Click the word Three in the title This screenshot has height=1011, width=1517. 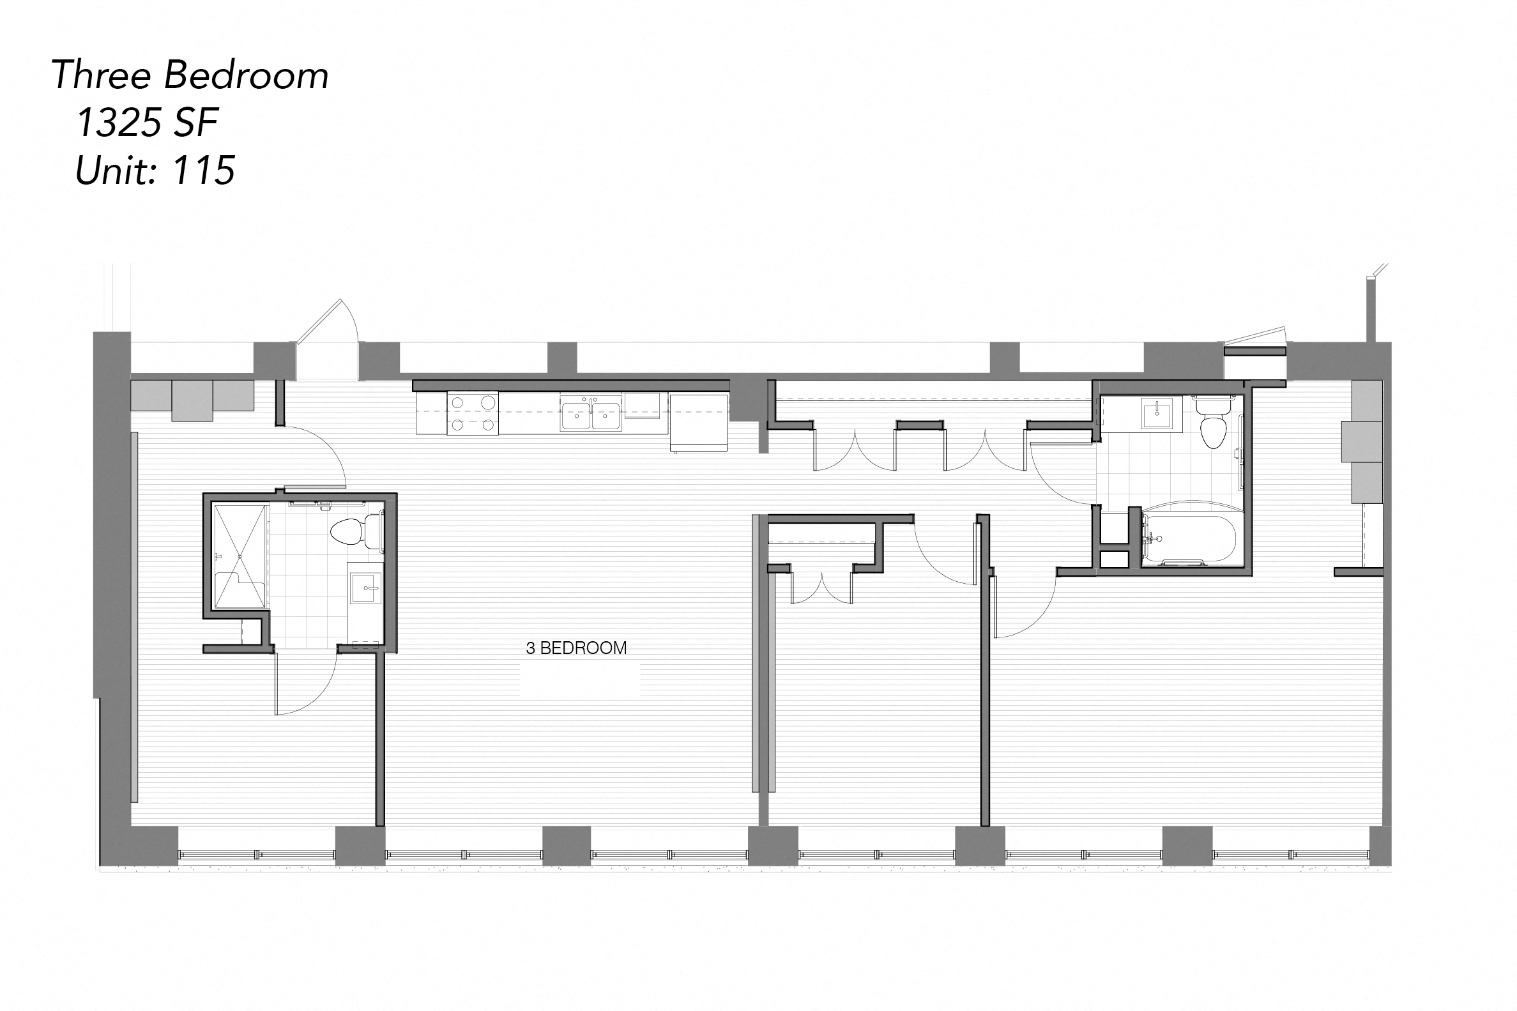(x=101, y=75)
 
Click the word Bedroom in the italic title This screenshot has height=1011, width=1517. (x=247, y=75)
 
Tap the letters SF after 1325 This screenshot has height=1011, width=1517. (x=196, y=123)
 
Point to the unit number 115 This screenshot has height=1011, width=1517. (x=204, y=171)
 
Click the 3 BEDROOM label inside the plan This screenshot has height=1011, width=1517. (x=576, y=648)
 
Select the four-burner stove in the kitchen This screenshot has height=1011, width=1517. (x=473, y=414)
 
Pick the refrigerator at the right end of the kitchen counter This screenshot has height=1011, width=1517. (x=699, y=422)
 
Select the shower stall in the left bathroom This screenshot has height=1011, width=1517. (x=240, y=557)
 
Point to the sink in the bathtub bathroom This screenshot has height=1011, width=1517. (x=1158, y=413)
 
